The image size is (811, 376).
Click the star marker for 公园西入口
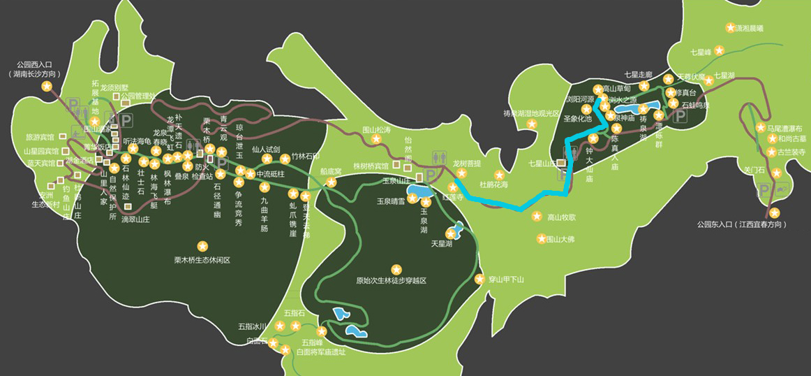[x=47, y=86]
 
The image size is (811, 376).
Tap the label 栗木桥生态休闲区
[x=202, y=260]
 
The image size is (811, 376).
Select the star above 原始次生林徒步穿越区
[x=396, y=268]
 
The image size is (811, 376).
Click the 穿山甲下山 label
[x=506, y=280]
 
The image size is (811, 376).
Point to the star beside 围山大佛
[x=541, y=239]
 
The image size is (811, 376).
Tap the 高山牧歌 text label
[x=562, y=217]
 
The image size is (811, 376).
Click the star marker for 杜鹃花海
[x=498, y=175]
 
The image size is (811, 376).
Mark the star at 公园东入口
[x=774, y=213]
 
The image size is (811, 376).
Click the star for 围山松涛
[x=377, y=140]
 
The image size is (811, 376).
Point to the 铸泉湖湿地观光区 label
[x=532, y=113]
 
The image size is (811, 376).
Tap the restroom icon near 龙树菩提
[x=435, y=158]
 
